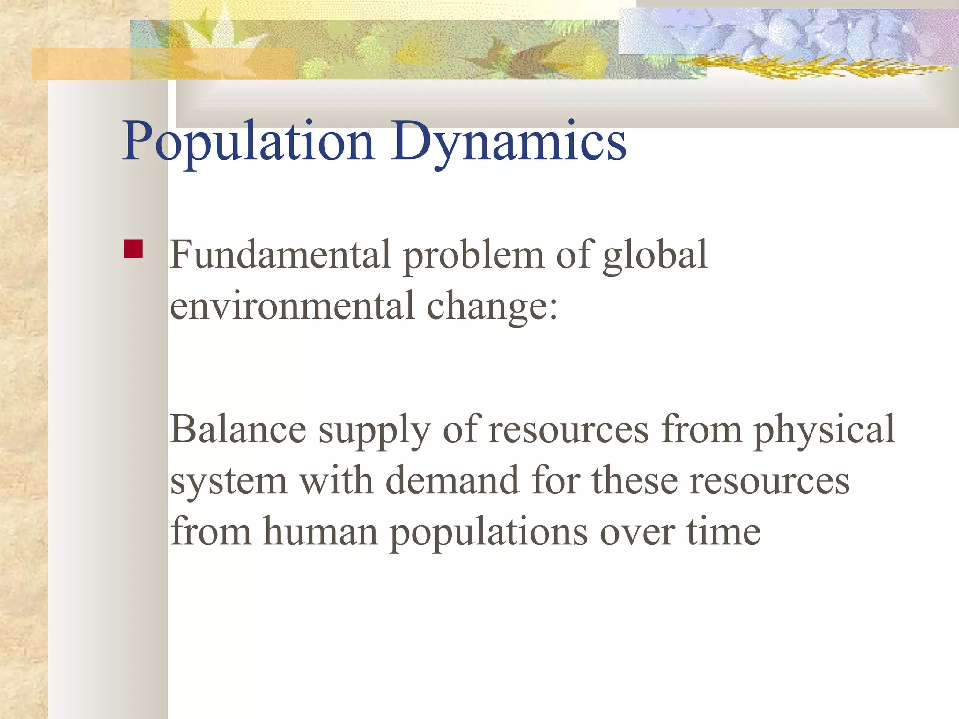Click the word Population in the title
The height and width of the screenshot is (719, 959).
pos(248,142)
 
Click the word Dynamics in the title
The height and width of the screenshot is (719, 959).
pos(509,142)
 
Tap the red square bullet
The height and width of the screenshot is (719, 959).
pos(133,249)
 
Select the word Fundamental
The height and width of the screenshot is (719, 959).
pos(280,255)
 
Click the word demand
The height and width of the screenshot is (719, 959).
pos(452,481)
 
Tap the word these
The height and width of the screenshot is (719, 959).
pos(634,481)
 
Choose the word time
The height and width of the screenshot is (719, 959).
pos(723,532)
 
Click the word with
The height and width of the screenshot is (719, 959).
pos(336,481)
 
